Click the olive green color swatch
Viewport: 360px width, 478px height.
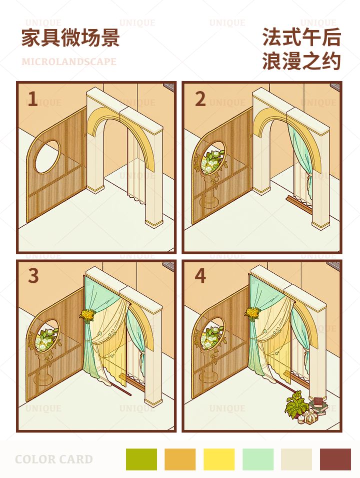pos(141,459)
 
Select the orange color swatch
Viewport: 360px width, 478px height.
pos(180,459)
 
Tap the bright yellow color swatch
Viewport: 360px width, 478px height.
pos(219,459)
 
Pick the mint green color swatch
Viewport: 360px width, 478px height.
pos(258,459)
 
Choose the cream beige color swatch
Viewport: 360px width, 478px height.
pos(296,459)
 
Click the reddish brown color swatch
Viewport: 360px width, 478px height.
pos(335,459)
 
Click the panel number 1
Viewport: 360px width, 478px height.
pos(32,99)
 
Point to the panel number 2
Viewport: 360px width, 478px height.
pos(200,99)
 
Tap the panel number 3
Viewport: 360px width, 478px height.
pos(33,276)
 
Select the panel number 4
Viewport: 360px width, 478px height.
pos(200,276)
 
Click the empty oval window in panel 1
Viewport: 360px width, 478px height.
pos(47,157)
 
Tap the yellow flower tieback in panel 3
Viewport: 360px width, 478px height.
pos(87,316)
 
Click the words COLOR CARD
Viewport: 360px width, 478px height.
pos(54,459)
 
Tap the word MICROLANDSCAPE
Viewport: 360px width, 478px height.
pos(69,62)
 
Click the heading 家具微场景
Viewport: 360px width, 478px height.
pos(70,38)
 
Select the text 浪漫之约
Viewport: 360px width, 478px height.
pos(301,61)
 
